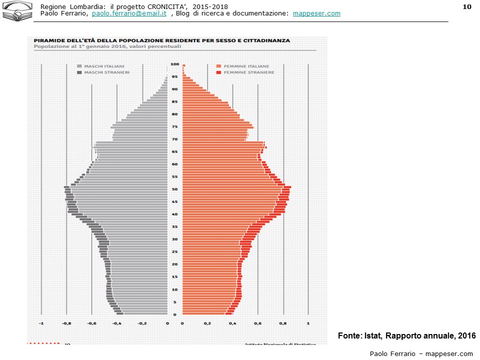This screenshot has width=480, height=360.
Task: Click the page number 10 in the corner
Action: [x=467, y=6]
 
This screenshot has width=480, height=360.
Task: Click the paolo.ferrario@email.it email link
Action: [x=129, y=13]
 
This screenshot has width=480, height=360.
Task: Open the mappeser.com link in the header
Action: [x=316, y=13]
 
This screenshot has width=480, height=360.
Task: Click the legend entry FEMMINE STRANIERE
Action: [x=242, y=72]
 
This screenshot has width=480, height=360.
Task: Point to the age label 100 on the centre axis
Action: [x=174, y=64]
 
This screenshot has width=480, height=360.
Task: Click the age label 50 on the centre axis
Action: [x=174, y=189]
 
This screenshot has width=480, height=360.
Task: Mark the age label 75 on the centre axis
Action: [x=174, y=126]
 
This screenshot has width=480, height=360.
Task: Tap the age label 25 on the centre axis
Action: [x=174, y=251]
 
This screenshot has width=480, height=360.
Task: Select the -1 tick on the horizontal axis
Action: [x=41, y=323]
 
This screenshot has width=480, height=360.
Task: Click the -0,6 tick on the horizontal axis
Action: [x=91, y=323]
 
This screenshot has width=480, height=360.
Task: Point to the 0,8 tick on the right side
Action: [x=283, y=323]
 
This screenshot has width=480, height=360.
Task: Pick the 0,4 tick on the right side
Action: [x=232, y=323]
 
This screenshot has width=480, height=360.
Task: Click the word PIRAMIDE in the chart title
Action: [x=49, y=40]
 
